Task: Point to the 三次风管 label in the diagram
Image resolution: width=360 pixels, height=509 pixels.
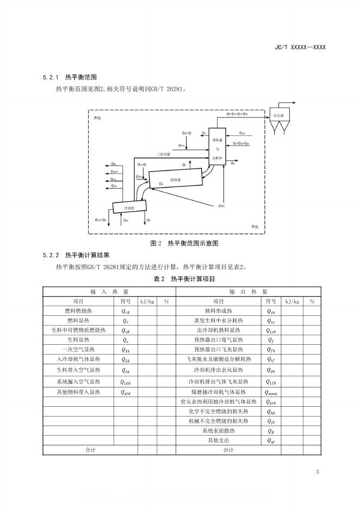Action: pyautogui.click(x=163, y=154)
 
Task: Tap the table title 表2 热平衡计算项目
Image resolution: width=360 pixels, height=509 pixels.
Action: pyautogui.click(x=180, y=279)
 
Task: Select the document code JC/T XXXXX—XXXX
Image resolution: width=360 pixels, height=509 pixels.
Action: pyautogui.click(x=301, y=47)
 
